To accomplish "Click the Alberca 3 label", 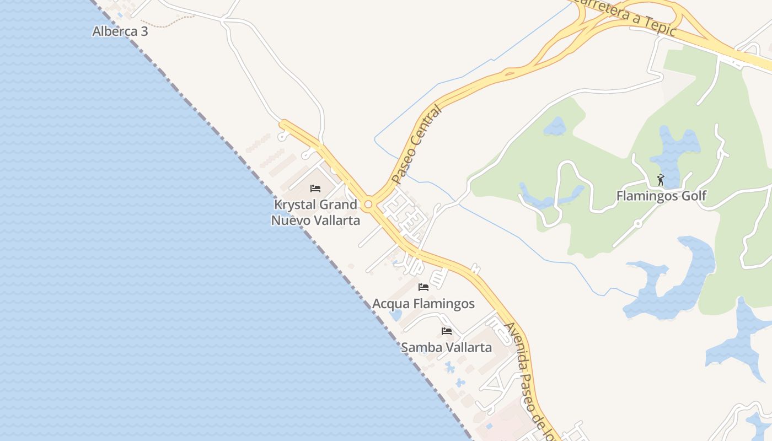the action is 120,31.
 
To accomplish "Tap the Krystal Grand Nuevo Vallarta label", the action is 315,212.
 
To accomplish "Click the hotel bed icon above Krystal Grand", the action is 315,189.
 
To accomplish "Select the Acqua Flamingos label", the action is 423,304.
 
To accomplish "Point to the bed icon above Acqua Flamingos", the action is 423,287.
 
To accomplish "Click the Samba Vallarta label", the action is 446,348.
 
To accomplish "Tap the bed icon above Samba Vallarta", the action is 447,331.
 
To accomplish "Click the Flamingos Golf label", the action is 661,196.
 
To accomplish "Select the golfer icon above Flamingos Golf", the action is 661,180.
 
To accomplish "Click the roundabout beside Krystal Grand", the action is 368,205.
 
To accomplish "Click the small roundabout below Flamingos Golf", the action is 638,224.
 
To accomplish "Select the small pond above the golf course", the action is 555,127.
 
